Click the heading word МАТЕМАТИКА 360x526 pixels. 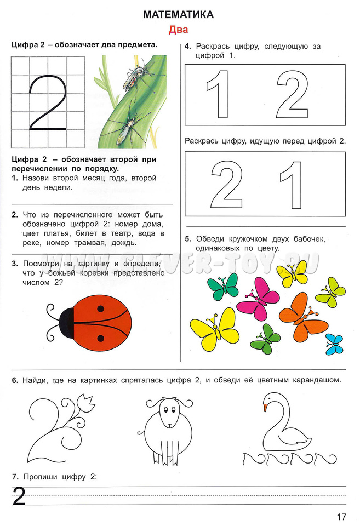178,15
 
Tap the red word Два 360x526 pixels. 178,30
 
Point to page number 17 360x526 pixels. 341,516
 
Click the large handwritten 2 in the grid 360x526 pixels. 48,103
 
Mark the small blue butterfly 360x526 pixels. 334,344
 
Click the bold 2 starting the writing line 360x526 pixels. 19,497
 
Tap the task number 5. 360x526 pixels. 187,239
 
